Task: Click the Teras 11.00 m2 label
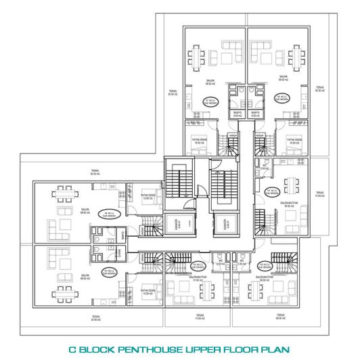click(200, 316)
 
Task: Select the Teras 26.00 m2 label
click(279, 316)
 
